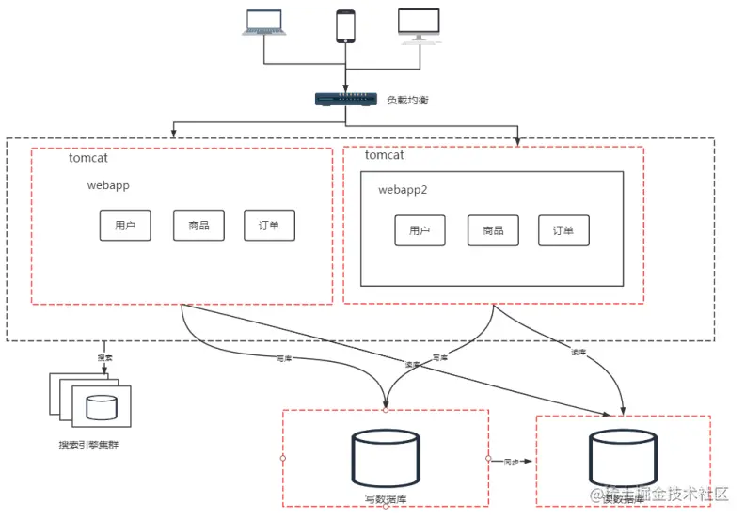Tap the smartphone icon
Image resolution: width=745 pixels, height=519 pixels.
click(x=346, y=25)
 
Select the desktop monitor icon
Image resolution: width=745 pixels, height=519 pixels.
click(x=419, y=26)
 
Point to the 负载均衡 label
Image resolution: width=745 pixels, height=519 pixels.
click(x=406, y=100)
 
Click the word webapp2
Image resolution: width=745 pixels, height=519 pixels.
click(x=403, y=190)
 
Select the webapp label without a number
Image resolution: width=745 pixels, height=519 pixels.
click(x=108, y=185)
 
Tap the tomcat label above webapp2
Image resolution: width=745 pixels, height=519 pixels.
click(x=384, y=155)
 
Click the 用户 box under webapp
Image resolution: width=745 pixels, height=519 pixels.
click(x=125, y=226)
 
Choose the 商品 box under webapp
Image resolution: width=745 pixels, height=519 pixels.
click(x=198, y=226)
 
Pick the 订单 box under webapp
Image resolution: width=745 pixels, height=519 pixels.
click(x=269, y=226)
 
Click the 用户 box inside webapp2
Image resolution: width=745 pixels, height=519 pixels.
click(x=420, y=231)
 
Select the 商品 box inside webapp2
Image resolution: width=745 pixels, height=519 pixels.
click(x=493, y=231)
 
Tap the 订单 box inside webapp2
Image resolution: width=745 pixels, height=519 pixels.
click(x=563, y=231)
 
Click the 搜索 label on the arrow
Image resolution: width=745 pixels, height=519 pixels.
click(x=104, y=358)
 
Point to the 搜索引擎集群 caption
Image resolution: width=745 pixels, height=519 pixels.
click(x=88, y=444)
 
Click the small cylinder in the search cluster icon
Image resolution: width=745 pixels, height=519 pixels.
click(x=102, y=407)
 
